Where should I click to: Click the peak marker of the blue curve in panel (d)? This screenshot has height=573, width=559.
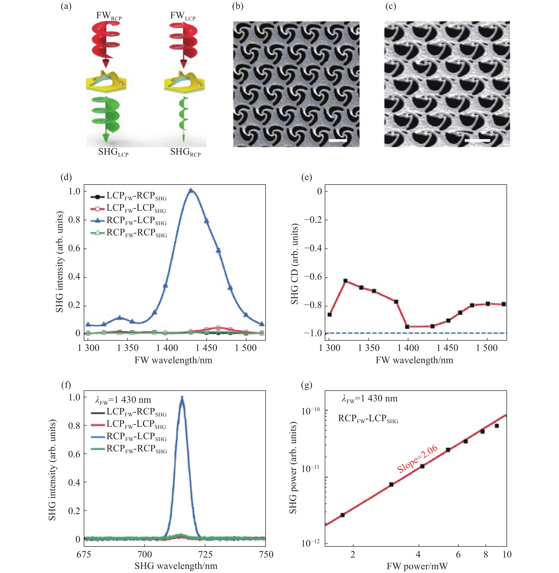tap(191, 191)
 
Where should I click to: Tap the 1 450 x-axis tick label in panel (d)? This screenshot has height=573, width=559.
tap(206, 348)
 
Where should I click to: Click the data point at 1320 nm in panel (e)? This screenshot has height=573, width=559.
tap(345, 281)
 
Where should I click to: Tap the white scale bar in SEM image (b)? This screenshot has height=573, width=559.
tap(338, 141)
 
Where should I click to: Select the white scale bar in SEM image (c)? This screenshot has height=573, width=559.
tap(477, 141)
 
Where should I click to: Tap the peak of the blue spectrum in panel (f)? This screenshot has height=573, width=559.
tap(182, 398)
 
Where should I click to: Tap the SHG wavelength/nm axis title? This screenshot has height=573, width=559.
tap(176, 566)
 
